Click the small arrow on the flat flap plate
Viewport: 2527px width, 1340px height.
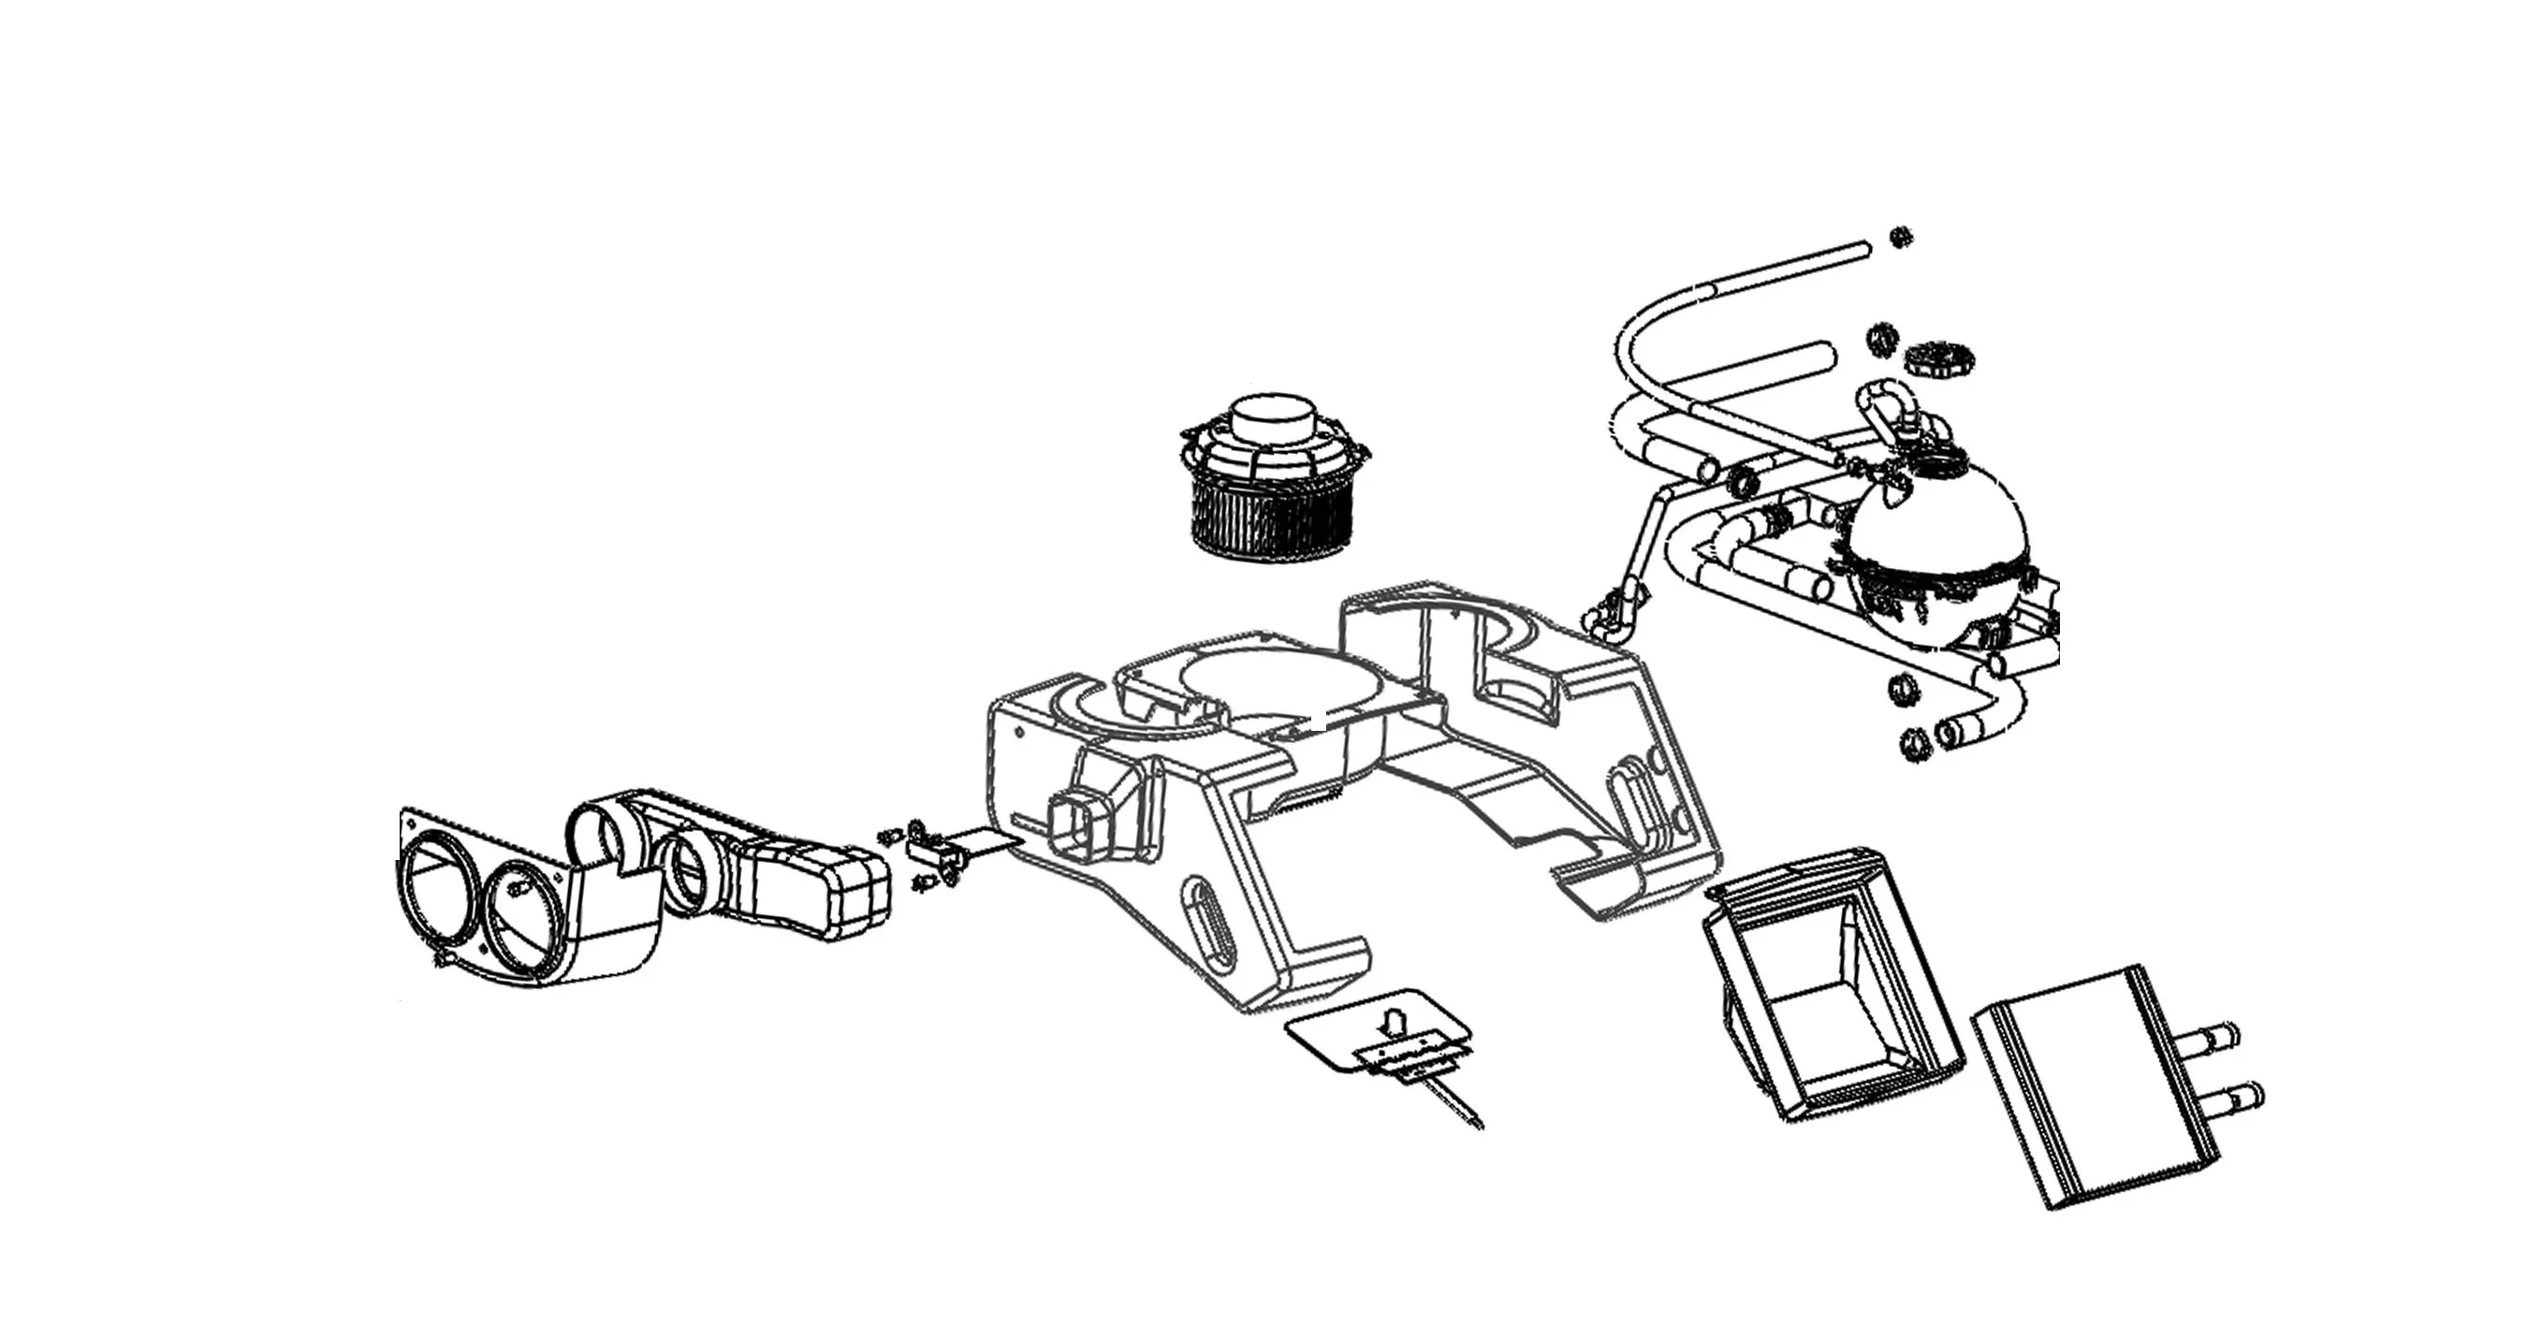point(1390,1022)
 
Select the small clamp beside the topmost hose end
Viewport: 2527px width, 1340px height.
point(1900,237)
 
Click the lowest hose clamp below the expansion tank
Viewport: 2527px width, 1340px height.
point(1914,746)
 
